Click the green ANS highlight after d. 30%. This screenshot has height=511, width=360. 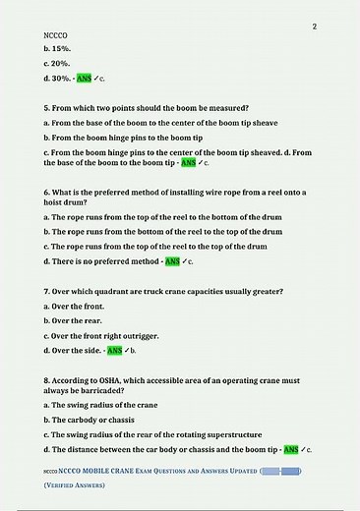(x=85, y=77)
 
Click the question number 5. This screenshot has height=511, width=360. (x=47, y=107)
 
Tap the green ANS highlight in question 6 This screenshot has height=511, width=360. (x=172, y=262)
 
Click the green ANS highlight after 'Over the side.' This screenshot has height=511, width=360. (x=115, y=350)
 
